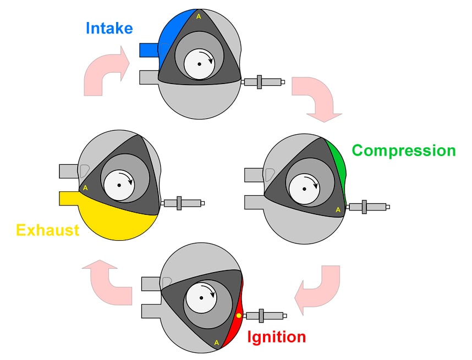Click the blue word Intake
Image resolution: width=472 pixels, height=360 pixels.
point(109,27)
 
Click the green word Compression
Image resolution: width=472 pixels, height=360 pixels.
point(403,151)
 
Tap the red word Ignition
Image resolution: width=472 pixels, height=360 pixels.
point(276,336)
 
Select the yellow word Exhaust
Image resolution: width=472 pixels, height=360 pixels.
point(48,229)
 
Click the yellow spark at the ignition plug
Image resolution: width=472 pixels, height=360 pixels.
point(239,315)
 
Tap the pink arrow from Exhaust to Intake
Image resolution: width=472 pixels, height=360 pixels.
point(105,71)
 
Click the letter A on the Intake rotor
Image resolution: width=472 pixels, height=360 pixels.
point(199,16)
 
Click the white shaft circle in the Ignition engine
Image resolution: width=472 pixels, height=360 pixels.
point(201,297)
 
